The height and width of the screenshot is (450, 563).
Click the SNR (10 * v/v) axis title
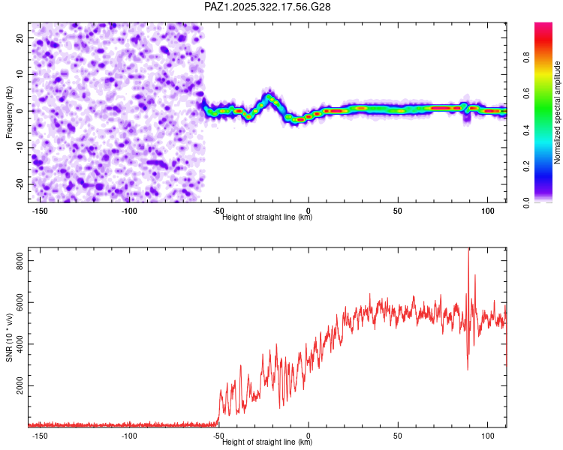[9, 337]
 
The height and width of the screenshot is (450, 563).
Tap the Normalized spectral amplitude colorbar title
[557, 112]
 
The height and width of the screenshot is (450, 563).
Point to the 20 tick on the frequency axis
[20, 37]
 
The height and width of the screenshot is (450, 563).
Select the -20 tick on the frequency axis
[19, 184]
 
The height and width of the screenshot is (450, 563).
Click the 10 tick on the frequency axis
[20, 74]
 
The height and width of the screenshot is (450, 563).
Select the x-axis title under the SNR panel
[267, 442]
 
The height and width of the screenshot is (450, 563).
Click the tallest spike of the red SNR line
[469, 250]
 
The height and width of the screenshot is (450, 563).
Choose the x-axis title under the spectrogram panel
[267, 217]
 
